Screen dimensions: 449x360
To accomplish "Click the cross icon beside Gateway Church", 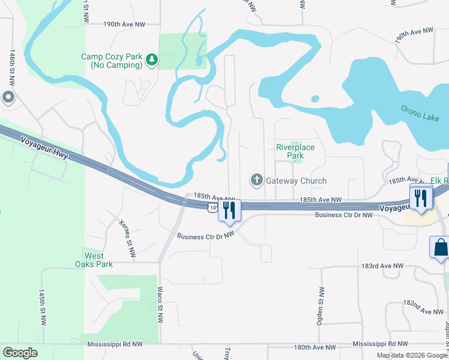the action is pos(256,180).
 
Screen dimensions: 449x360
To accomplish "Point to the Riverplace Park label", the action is pos(290,151).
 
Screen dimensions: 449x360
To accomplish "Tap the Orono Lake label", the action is pos(420,113).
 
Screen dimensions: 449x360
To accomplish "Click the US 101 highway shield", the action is pos(212,207).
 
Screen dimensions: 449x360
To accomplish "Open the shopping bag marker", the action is pos(440,247).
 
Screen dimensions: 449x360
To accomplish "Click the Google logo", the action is pos(20,352).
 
